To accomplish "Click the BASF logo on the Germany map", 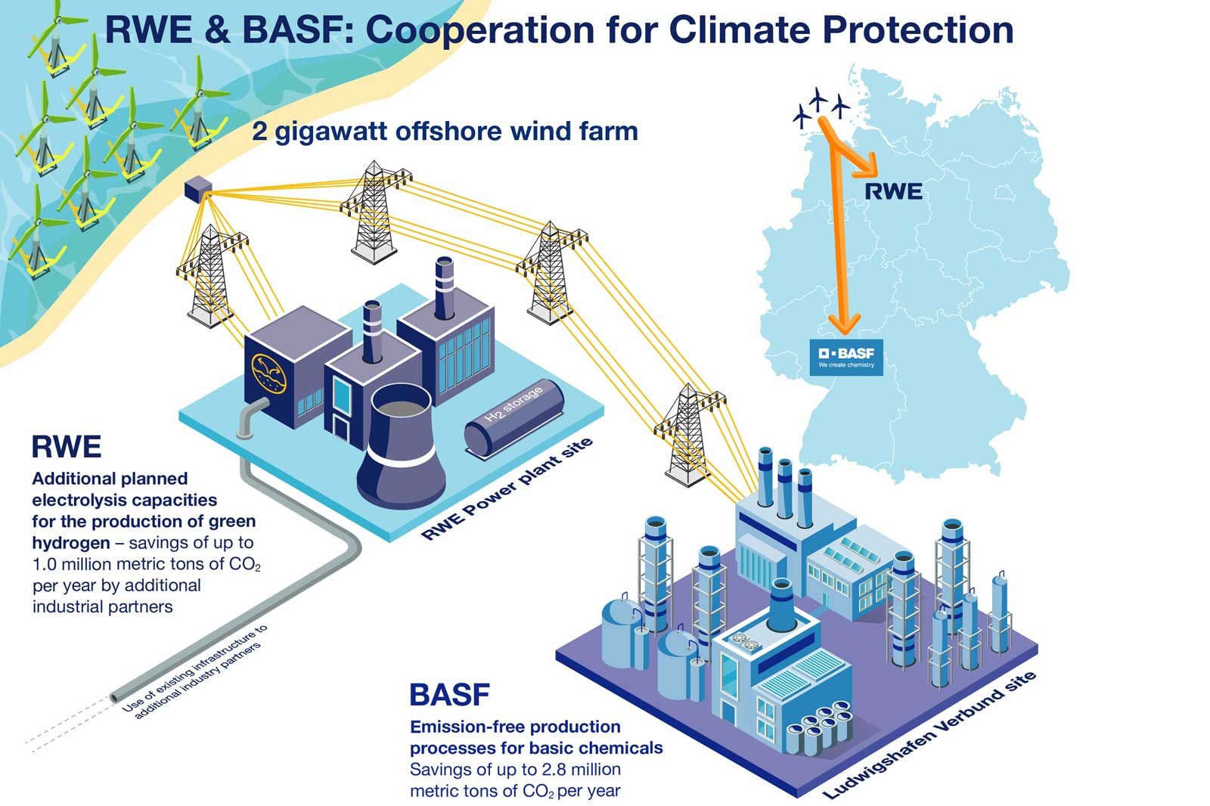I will [x=845, y=357].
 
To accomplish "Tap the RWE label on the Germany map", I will [x=893, y=191].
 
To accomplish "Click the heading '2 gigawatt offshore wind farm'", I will [x=445, y=131].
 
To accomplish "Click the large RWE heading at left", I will [x=67, y=447].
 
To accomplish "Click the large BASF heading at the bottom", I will [x=449, y=694].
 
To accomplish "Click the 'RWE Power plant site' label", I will [x=507, y=490].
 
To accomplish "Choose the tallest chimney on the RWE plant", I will [x=444, y=288].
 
